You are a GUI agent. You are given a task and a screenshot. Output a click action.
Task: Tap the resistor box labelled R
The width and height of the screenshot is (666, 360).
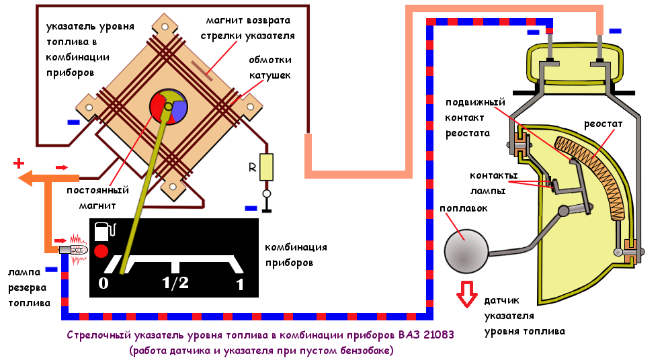coord(267,167)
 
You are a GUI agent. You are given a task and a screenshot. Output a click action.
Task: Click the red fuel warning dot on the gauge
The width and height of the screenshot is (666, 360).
coord(101,251)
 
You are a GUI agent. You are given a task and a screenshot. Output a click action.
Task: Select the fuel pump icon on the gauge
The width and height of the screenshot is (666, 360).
coord(105,231)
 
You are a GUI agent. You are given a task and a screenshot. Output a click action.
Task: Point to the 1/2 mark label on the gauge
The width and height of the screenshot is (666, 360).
coord(175,283)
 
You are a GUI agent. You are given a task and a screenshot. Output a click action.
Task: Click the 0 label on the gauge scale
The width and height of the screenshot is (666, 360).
coord(103,283)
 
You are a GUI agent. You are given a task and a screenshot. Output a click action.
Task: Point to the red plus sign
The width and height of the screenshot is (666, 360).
coord(19,163)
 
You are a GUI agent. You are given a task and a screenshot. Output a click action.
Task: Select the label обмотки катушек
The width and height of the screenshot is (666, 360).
coord(269,66)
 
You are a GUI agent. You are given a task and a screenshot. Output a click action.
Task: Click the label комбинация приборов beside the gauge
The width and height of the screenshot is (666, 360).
coord(296,255)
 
